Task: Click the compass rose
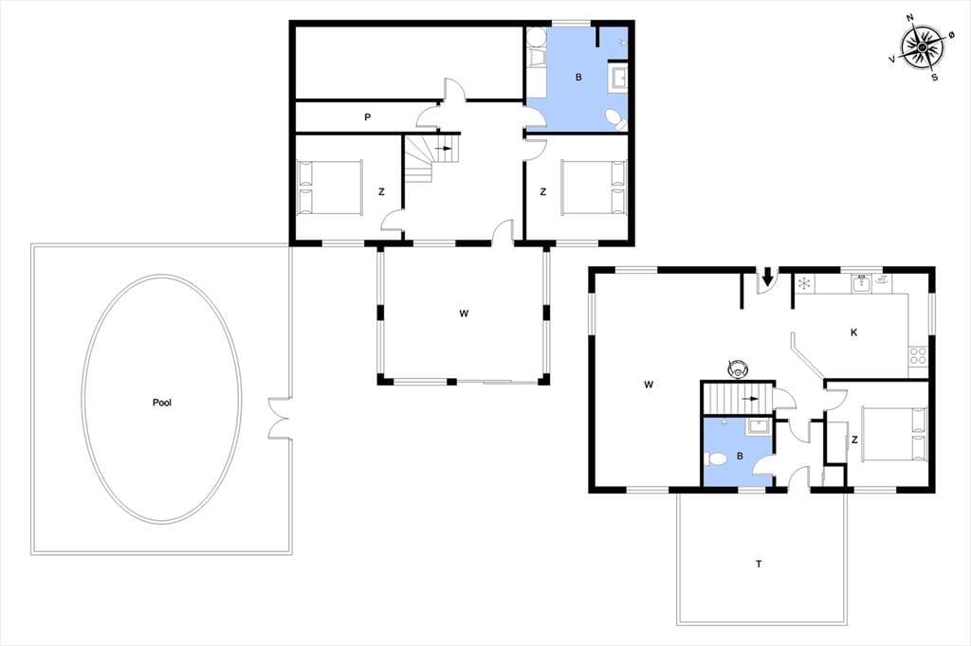tap(922, 47)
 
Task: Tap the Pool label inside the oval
tap(161, 403)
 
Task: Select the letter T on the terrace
tap(759, 564)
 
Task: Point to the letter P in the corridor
tap(367, 117)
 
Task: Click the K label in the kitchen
tap(854, 332)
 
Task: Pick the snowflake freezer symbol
tap(804, 284)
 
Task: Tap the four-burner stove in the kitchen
tap(918, 356)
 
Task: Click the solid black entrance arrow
tap(767, 276)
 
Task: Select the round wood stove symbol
tap(737, 368)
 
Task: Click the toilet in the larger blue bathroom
tap(614, 119)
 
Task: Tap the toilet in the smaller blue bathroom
tap(715, 459)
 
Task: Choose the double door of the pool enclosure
tap(280, 420)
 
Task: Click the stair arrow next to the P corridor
tap(444, 149)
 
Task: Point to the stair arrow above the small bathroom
tap(750, 399)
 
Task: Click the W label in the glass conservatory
tap(464, 314)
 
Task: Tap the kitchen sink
tap(862, 284)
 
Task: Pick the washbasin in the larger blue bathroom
tap(619, 79)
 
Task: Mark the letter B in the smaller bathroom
tap(740, 456)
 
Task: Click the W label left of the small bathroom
tap(649, 385)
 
